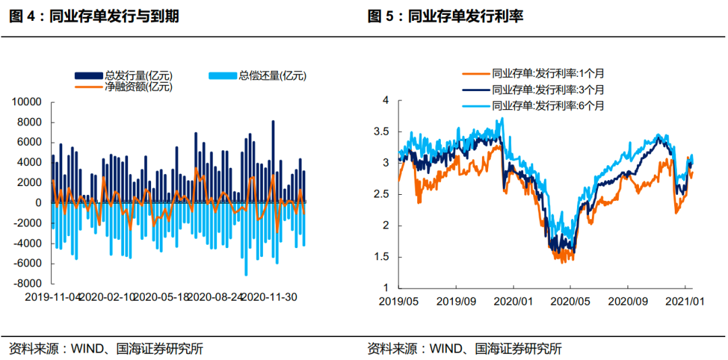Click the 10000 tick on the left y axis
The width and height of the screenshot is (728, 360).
tap(28, 102)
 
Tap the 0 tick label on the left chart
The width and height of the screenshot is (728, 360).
tap(38, 203)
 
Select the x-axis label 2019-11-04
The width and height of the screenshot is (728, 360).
tap(53, 297)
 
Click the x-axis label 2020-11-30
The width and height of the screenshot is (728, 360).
tap(269, 297)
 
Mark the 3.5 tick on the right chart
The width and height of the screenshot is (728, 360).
tap(382, 131)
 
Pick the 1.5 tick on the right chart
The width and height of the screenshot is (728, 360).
tap(382, 257)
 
